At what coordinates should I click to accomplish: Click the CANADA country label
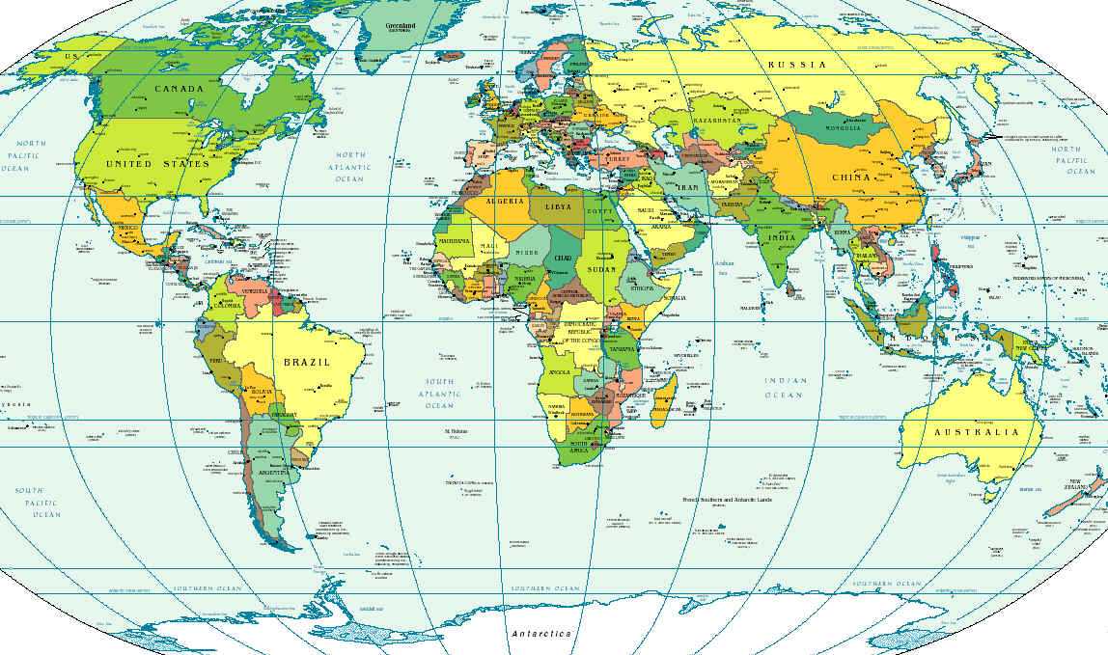[180, 89]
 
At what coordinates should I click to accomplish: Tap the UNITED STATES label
[156, 164]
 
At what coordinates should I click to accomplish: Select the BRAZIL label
[307, 362]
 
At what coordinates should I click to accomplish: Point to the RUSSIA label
[797, 65]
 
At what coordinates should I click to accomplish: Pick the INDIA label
[782, 237]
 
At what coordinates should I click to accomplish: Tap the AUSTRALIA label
[976, 432]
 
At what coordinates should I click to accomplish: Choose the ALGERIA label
[507, 201]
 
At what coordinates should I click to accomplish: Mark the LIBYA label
[558, 206]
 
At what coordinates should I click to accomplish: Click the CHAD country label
[563, 258]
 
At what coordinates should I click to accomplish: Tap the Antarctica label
[542, 634]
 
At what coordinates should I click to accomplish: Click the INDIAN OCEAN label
[784, 388]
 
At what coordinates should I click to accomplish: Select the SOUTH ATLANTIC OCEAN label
[439, 394]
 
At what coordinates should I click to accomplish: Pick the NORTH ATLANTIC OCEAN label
[349, 167]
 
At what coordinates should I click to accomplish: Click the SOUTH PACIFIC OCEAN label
[38, 503]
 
